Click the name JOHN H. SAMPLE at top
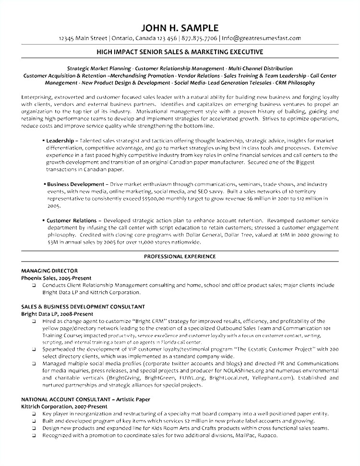[x=180, y=28]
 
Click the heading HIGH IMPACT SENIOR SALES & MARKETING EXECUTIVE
[x=180, y=52]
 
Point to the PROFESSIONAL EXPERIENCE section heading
[x=180, y=257]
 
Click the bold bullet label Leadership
[x=60, y=141]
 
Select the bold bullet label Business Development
[x=75, y=184]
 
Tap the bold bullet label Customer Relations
[x=72, y=221]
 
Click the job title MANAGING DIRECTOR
[x=49, y=271]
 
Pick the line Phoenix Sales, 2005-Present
[x=56, y=278]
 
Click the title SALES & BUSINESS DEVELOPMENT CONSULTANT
[x=83, y=307]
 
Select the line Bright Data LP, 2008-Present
[x=57, y=314]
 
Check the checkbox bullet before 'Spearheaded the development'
[x=34, y=350]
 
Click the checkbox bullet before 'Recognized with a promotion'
[x=34, y=436]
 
